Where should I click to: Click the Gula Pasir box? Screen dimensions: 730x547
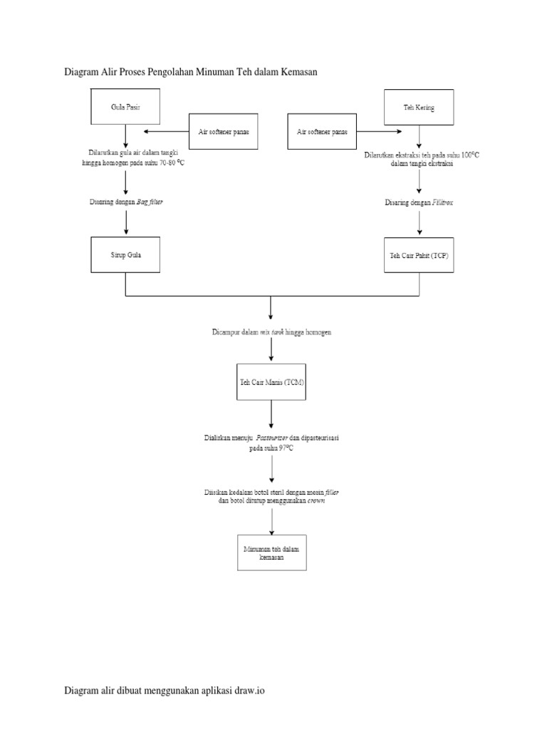[125, 107]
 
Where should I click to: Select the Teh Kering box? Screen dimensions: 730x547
[419, 107]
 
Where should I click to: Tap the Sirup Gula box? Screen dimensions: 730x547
[125, 255]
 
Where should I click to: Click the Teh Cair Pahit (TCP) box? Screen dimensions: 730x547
[419, 255]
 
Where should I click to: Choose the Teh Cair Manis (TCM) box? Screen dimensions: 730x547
[271, 384]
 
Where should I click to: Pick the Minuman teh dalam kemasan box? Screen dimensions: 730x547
[271, 552]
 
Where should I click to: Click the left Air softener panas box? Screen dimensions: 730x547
[223, 131]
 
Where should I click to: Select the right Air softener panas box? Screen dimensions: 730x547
[322, 131]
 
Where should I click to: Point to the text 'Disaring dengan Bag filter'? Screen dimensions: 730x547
[126, 202]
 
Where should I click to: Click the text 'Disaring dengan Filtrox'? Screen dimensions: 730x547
[419, 202]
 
